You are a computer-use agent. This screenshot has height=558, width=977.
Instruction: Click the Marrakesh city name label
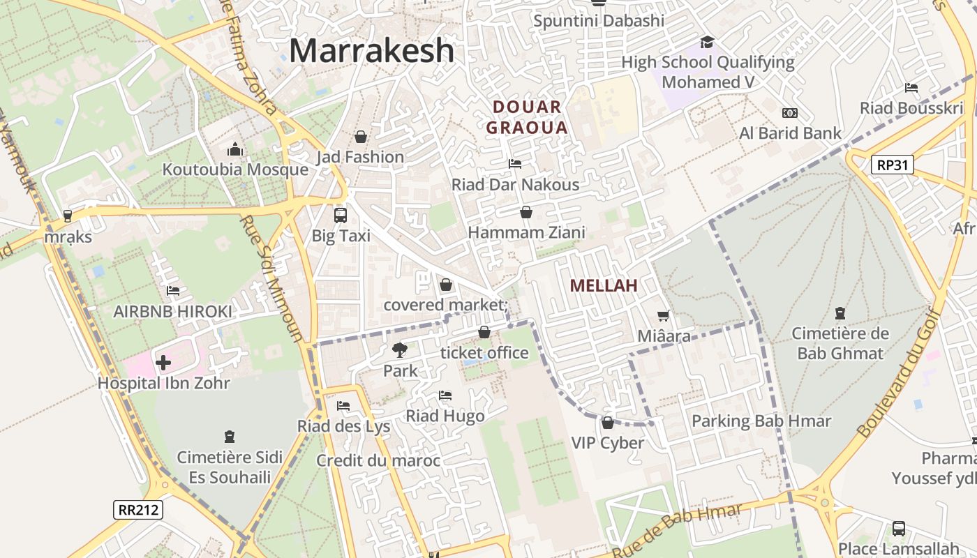point(371,51)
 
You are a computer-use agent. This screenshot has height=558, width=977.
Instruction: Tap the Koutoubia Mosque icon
point(234,149)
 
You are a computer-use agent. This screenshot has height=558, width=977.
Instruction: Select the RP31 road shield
point(892,165)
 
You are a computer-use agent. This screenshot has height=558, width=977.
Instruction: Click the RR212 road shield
point(138,509)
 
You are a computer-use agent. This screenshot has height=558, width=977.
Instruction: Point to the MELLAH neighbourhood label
point(604,285)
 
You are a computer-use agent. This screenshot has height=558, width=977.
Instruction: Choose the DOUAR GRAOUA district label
point(527,117)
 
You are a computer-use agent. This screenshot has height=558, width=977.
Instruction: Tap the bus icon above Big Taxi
point(341,215)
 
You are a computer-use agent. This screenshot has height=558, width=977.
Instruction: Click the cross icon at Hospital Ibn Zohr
point(163,363)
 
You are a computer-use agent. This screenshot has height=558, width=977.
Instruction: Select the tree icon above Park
point(399,350)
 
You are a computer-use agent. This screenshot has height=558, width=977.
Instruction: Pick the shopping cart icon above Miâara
point(663,316)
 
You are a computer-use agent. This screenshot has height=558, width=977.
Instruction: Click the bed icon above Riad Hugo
point(445,395)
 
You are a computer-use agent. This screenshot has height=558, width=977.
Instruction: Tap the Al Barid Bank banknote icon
point(789,112)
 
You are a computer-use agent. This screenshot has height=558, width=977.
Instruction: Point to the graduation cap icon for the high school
point(707,43)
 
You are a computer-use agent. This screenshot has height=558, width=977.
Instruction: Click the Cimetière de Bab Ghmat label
point(840,343)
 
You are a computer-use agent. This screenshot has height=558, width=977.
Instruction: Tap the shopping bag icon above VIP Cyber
point(607,423)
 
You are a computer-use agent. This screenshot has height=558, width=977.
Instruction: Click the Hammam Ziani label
point(526,232)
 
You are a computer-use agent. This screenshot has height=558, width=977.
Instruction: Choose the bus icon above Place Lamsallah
point(898,528)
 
